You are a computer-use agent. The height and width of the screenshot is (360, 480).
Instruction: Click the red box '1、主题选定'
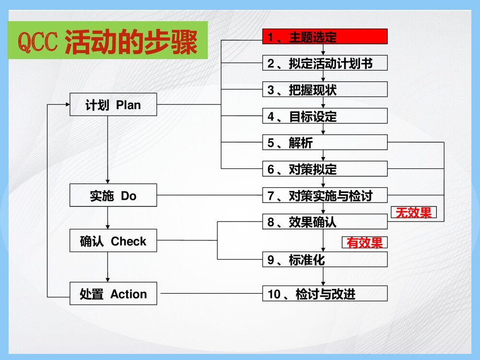point(324,36)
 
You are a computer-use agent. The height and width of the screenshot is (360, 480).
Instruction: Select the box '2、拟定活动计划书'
point(324,63)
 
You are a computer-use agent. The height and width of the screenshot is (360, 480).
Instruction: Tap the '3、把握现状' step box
point(324,89)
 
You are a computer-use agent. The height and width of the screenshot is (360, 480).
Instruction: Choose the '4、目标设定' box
point(324,116)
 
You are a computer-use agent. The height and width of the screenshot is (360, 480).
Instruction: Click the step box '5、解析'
point(324,142)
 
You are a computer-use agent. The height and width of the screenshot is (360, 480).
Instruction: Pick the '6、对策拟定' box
point(324,168)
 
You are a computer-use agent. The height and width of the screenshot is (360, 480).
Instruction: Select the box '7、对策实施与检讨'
point(324,195)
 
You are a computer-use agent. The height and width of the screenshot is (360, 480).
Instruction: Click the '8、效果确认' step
point(324,221)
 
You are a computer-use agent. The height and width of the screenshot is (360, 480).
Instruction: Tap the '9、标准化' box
point(324,259)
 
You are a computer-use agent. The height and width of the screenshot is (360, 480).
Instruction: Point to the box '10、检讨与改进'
point(324,293)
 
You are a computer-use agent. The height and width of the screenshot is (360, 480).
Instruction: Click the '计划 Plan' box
point(113,105)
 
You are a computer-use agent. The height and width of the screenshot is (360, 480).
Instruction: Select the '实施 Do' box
point(113,195)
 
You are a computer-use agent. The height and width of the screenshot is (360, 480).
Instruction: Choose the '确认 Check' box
point(113,241)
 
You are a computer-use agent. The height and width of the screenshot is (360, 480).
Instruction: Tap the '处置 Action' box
point(113,294)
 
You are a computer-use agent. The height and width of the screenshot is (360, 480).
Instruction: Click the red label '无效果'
point(414,213)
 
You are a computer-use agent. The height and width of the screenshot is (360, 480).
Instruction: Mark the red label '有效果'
point(365,243)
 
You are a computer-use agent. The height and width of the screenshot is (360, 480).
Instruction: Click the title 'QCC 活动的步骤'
point(108,42)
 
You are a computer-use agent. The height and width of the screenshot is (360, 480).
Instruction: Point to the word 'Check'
point(129,241)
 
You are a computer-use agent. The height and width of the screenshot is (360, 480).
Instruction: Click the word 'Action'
point(129,294)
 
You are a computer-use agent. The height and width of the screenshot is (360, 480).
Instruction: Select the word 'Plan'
point(129,105)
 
